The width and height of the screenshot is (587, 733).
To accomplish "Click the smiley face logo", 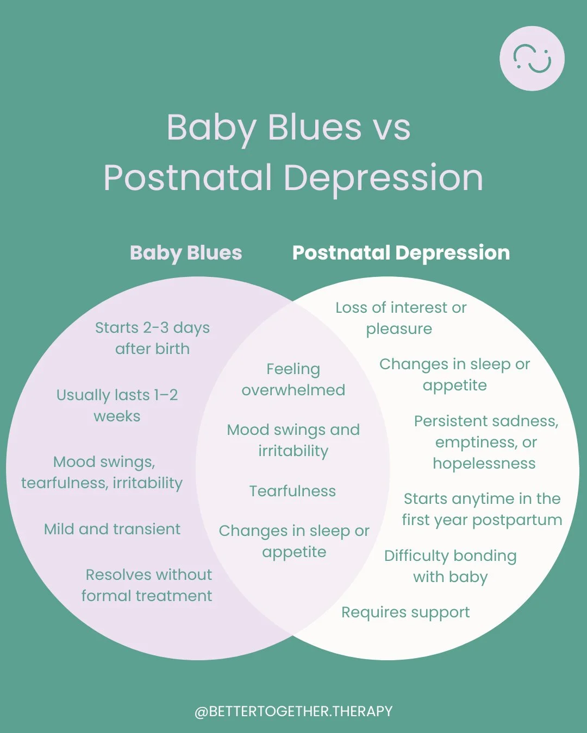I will click(532, 59).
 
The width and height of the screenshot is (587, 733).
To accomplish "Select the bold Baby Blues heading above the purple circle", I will click(186, 253).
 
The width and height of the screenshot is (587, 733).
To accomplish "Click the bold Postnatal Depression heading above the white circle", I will click(401, 253).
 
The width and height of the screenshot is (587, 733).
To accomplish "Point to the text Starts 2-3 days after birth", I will click(152, 338).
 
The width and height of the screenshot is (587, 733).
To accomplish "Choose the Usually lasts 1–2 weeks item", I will click(117, 405).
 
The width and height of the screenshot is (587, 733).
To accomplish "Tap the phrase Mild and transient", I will click(112, 529).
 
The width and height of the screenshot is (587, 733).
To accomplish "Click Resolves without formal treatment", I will click(147, 585).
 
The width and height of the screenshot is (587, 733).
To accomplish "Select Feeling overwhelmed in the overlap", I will click(293, 379).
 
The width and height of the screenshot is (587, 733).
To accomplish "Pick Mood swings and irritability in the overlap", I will click(293, 440).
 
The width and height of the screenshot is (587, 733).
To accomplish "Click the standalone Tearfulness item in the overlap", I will click(292, 491).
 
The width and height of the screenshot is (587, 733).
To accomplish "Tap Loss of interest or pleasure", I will click(401, 318).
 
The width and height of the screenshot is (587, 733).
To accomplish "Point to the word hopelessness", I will click(484, 463).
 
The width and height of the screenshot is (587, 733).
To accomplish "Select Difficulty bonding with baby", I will click(451, 566).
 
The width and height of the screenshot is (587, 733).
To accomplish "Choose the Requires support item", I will click(405, 612).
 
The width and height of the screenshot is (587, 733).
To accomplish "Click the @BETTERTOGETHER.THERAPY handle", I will click(293, 711).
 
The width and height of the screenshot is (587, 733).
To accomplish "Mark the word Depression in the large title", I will click(383, 178).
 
